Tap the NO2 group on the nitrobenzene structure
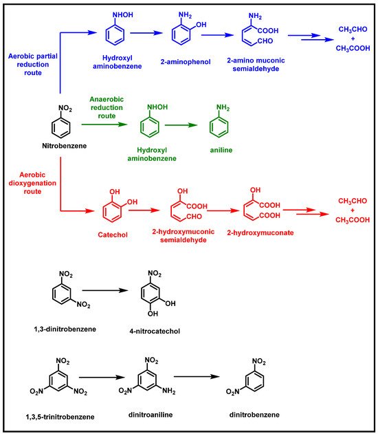click(63, 107)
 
